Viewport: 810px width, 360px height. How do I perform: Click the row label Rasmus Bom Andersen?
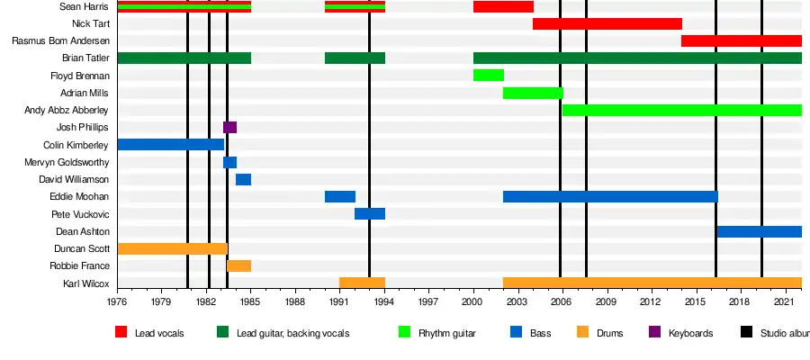pyautogui.click(x=60, y=41)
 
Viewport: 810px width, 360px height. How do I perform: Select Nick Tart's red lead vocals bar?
pyautogui.click(x=607, y=23)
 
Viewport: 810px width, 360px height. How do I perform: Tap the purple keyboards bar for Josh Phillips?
pyautogui.click(x=229, y=127)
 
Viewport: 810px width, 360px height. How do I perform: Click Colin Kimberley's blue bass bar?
pyautogui.click(x=170, y=144)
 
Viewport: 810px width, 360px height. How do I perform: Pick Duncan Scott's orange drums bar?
pyautogui.click(x=172, y=248)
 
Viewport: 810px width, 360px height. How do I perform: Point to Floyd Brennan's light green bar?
pyautogui.click(x=488, y=75)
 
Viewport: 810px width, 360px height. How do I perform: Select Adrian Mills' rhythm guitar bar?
pyautogui.click(x=533, y=93)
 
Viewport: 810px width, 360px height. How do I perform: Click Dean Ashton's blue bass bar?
pyautogui.click(x=759, y=231)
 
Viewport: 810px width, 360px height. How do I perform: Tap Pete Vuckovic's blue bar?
pyautogui.click(x=369, y=214)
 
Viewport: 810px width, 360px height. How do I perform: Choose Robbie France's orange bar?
pyautogui.click(x=238, y=265)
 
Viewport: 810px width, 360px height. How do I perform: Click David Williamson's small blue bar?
pyautogui.click(x=243, y=179)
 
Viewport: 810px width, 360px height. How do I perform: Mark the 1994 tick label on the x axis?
pyautogui.click(x=384, y=302)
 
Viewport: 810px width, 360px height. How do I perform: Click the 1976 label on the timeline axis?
pyautogui.click(x=118, y=302)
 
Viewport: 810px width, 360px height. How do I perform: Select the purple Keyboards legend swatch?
pyautogui.click(x=655, y=332)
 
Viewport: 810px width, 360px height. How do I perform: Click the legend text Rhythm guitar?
pyautogui.click(x=447, y=333)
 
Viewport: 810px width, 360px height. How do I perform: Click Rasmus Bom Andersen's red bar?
pyautogui.click(x=741, y=40)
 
